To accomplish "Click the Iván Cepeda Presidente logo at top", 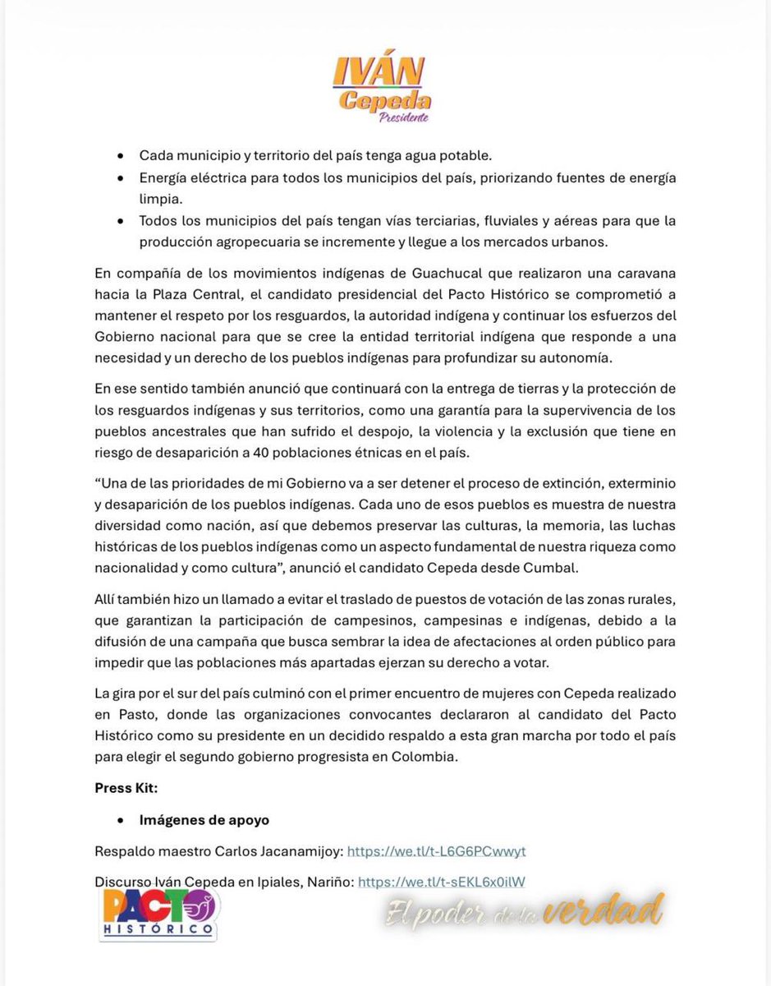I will [x=382, y=89].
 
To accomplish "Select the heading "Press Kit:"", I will [x=126, y=788].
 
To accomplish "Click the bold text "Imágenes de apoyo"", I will [x=204, y=819].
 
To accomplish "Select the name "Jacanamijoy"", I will [x=302, y=850].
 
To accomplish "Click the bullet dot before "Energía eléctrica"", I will [x=122, y=178].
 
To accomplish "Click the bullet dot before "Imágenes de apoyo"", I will [x=122, y=820].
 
